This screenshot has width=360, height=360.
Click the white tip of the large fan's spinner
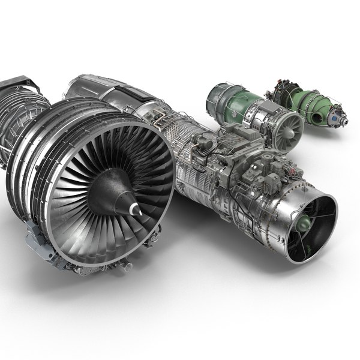137,211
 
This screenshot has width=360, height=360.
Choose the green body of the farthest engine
312,102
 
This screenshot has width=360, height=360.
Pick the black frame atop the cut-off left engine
21,84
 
